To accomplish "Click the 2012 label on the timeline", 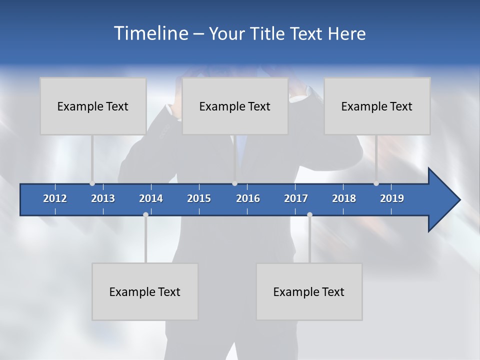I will [x=55, y=198].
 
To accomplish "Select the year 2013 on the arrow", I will [x=103, y=198].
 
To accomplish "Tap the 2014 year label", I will [x=151, y=198].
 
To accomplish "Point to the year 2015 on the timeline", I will [x=199, y=198].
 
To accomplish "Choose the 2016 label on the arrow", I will [x=248, y=198].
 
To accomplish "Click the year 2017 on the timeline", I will [x=296, y=198].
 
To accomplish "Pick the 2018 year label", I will [x=344, y=198].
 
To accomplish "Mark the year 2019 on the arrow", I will [x=392, y=198].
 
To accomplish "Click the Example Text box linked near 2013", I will [x=93, y=106].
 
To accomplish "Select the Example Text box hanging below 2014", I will [x=145, y=291].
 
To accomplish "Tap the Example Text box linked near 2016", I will [x=235, y=106].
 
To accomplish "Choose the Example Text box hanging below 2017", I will [x=309, y=291].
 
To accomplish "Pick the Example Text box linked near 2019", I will [x=377, y=106].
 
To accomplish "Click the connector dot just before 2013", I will [x=92, y=183].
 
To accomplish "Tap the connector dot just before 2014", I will [x=145, y=214].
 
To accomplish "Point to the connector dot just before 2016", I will [x=234, y=183].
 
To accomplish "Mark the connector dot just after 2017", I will [x=309, y=214].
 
